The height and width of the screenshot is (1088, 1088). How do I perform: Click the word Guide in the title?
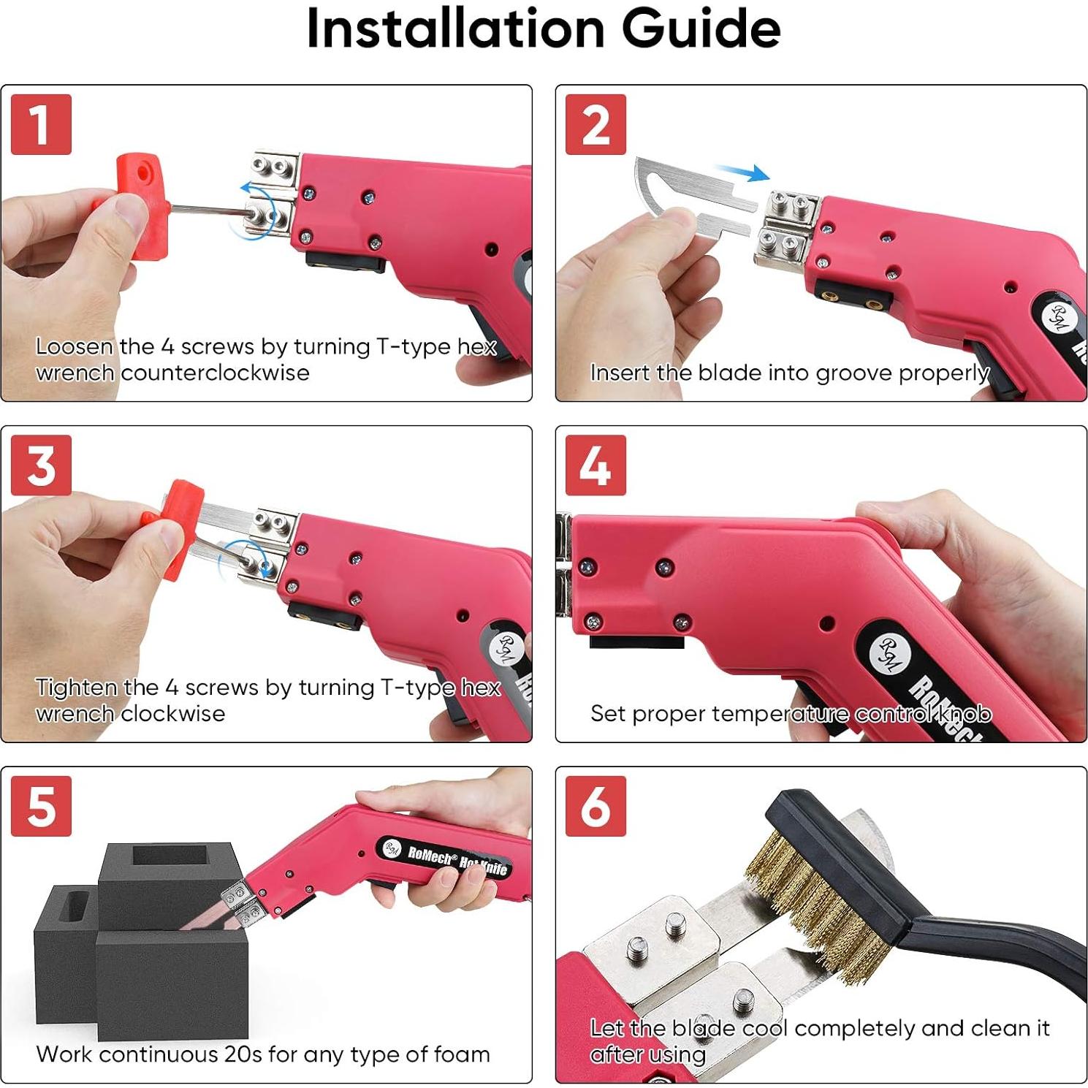[x=701, y=28]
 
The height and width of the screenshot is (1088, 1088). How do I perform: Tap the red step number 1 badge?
[x=42, y=124]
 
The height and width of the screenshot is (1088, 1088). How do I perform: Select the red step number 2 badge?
[x=596, y=124]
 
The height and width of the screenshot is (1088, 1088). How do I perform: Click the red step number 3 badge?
[x=42, y=465]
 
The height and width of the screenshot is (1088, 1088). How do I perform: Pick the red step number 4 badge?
[x=596, y=465]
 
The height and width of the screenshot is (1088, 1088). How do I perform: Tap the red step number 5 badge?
[x=42, y=806]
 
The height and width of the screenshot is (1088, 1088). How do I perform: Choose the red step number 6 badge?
[x=596, y=806]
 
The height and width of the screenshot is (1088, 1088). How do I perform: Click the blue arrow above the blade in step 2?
[x=742, y=172]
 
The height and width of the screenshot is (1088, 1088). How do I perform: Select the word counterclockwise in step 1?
[x=215, y=373]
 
